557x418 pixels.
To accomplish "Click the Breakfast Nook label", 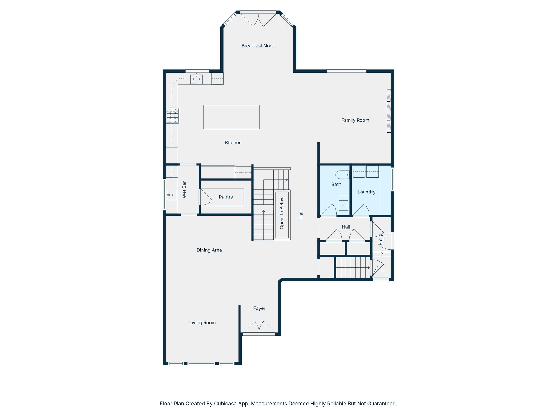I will (258, 46).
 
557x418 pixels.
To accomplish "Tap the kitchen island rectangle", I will (231, 117).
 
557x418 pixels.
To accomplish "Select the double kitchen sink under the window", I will (196, 79).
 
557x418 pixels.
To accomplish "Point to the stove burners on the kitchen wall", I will (172, 115).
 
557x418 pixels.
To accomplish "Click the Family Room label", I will (355, 120).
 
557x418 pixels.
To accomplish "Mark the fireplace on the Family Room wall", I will (389, 111).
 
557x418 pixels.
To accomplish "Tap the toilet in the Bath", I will (342, 174).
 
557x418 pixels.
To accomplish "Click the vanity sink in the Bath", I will (344, 205).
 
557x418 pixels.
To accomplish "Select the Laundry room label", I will (366, 192).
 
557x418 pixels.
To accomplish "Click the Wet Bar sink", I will (172, 195).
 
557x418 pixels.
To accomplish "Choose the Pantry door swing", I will (205, 197).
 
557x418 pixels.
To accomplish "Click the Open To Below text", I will (282, 213).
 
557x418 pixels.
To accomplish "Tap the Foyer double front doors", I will (259, 327).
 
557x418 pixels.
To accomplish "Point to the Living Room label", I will (202, 322).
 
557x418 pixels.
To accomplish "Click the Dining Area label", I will (209, 250).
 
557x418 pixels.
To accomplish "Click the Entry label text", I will (381, 239).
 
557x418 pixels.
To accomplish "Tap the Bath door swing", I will (330, 210).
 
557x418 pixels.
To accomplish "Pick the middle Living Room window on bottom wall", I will (201, 363).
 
